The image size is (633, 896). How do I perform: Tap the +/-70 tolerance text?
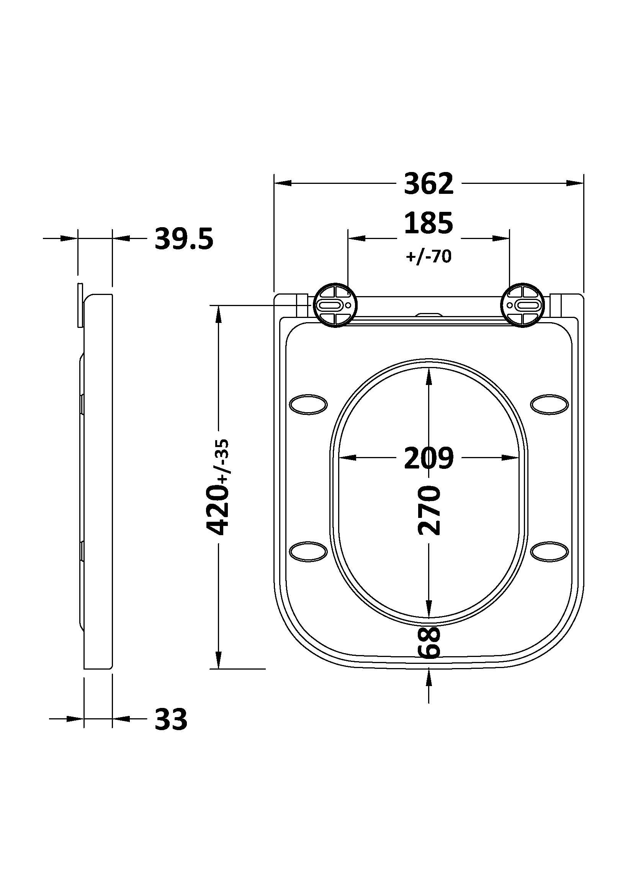(428, 256)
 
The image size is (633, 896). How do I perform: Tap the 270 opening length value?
(428, 510)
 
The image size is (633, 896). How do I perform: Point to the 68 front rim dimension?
(428, 643)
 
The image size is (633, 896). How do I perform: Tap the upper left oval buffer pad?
(308, 404)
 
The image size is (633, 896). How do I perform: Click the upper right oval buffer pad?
(550, 404)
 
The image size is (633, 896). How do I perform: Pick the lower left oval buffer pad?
(308, 551)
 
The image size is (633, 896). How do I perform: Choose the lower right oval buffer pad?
(550, 551)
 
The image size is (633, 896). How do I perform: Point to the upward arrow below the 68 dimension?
(429, 678)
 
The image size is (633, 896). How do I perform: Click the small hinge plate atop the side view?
(80, 305)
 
